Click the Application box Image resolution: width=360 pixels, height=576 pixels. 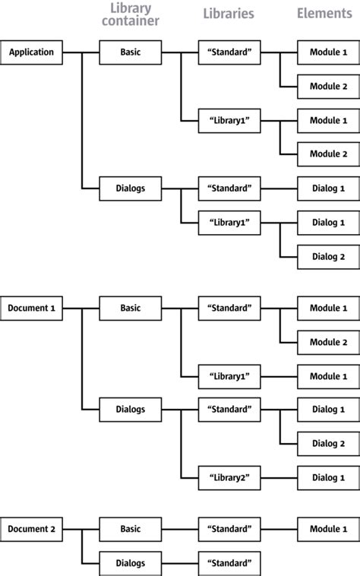point(31,52)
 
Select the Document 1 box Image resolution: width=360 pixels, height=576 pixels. point(31,309)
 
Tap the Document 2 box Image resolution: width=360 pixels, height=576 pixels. point(31,529)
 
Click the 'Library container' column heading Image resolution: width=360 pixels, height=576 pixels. point(130,15)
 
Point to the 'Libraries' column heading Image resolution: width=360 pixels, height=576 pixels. point(229,14)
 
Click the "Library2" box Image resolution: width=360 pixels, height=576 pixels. point(229,477)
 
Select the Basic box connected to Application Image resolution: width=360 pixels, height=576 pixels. point(130,52)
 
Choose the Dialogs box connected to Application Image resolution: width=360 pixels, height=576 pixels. point(130,188)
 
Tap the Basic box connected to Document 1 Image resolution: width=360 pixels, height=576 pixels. point(130,309)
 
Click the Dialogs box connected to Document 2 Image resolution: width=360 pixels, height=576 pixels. point(130,563)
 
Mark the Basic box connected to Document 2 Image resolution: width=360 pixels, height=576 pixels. point(130,529)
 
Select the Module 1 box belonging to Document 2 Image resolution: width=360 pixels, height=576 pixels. point(328,529)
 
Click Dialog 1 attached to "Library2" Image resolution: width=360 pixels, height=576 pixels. point(328,477)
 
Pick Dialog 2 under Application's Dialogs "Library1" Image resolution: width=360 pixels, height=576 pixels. point(328,257)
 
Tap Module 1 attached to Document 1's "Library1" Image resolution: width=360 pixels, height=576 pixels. point(328,376)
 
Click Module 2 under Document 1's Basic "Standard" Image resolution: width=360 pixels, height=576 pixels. point(328,342)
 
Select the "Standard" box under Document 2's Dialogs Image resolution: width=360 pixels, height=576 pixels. point(229,563)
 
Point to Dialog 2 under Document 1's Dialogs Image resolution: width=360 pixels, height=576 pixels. point(328,443)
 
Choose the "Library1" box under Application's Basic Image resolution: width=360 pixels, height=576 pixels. point(229,121)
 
